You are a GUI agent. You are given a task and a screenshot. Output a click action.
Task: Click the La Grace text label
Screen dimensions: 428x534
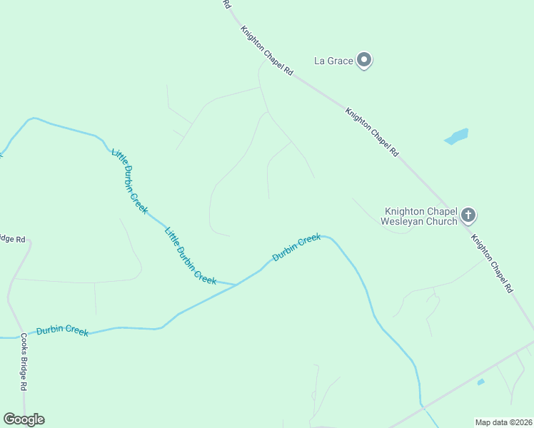(x=333, y=61)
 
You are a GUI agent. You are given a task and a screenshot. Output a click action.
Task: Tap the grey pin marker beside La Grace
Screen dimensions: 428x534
(x=364, y=61)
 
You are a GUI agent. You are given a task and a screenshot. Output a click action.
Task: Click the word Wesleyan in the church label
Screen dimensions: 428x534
(x=403, y=221)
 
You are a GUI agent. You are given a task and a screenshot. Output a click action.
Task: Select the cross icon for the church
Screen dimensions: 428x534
(x=468, y=214)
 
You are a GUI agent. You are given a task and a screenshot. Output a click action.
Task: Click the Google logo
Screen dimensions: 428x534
(x=24, y=419)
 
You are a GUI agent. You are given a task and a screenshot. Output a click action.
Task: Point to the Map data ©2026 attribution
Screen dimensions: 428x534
(x=503, y=422)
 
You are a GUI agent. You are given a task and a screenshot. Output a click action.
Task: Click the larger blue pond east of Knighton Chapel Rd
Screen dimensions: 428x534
(x=456, y=136)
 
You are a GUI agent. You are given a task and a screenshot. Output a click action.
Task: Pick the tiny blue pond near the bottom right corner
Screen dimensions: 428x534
(x=480, y=382)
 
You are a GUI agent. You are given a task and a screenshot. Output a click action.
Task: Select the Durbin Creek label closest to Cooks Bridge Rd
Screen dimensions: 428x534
(x=62, y=330)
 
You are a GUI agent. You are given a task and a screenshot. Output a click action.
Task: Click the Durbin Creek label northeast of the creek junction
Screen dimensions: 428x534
(x=296, y=247)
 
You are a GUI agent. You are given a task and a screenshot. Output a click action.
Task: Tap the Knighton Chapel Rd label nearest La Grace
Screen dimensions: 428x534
(x=267, y=51)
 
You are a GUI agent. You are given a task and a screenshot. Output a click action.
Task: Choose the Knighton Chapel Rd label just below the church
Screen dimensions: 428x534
(x=492, y=261)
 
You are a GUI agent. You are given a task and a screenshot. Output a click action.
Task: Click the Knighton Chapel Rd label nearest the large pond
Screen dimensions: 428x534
(x=371, y=132)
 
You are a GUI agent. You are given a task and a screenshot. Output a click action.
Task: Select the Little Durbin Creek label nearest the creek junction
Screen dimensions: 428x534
(x=190, y=255)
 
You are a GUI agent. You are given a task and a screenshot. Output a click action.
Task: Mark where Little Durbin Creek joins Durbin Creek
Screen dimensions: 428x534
(x=236, y=285)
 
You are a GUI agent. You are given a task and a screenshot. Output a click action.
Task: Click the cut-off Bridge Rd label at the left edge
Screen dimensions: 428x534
(x=12, y=238)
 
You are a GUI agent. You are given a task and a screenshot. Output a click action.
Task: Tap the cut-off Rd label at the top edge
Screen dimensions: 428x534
(x=228, y=4)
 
